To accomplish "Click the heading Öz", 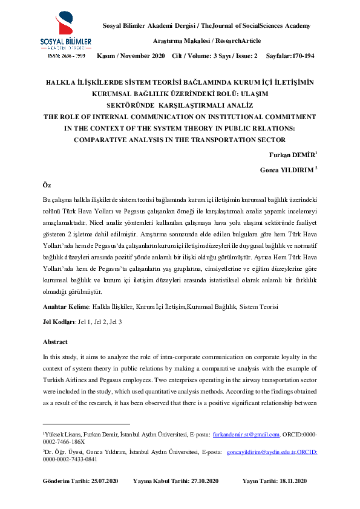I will (x=47, y=184).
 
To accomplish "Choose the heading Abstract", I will (x=55, y=342).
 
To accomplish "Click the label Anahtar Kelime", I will (x=66, y=307).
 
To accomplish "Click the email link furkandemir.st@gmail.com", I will (x=246, y=434).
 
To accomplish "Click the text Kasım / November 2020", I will (x=131, y=56).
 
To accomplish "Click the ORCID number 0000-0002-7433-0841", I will (x=70, y=459).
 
